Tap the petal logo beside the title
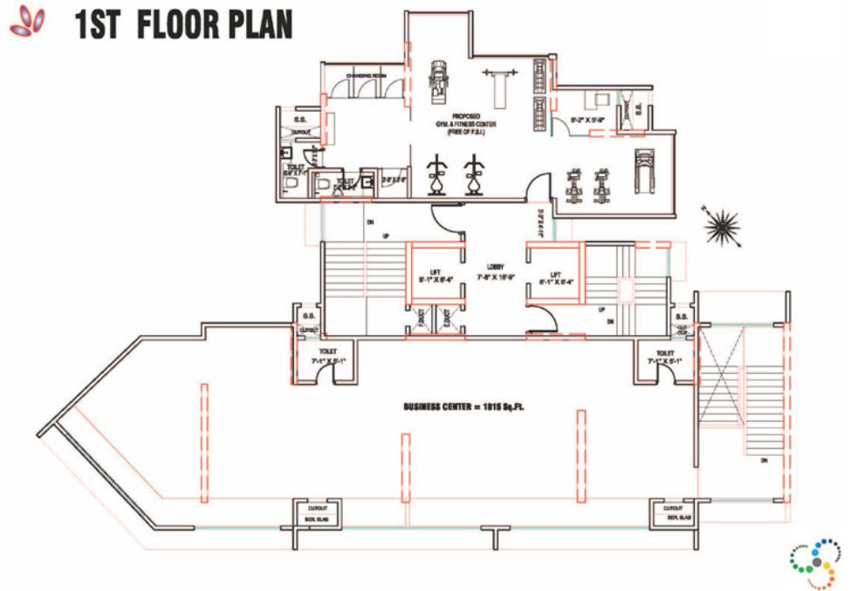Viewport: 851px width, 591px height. (29, 22)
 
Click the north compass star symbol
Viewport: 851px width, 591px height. (723, 229)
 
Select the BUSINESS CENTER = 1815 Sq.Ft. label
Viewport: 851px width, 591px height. (470, 407)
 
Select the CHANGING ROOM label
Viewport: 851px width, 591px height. (365, 76)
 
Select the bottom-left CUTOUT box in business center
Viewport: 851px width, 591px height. (316, 513)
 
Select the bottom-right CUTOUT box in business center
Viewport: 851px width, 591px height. (673, 513)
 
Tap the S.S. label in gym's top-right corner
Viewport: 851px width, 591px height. (638, 109)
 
